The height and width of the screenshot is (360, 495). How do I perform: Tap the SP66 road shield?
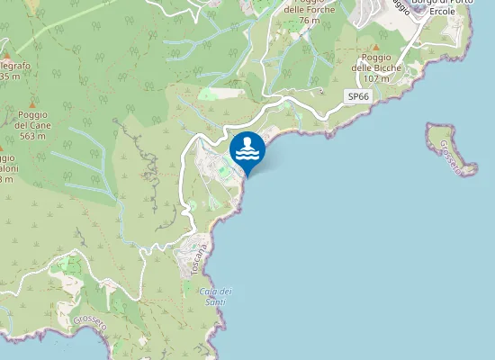(357, 96)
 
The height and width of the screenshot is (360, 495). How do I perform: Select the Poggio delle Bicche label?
(375, 67)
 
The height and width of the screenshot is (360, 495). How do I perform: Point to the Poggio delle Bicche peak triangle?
(376, 46)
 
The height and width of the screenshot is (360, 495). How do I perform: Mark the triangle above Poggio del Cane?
(32, 103)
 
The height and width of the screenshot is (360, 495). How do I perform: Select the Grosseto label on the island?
(453, 153)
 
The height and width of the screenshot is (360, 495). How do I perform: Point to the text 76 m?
(310, 21)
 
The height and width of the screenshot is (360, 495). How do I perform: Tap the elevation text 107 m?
(377, 78)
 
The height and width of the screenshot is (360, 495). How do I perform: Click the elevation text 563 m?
(32, 137)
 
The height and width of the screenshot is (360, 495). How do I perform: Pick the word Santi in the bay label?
(217, 301)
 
